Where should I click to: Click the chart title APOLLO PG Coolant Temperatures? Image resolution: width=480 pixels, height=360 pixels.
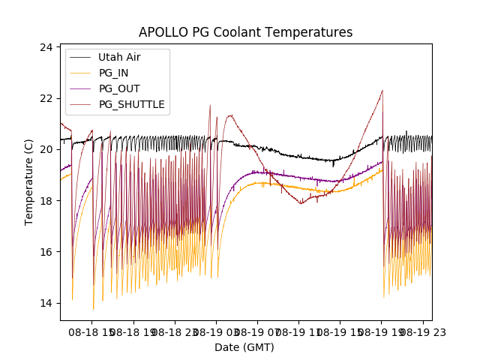pyautogui.click(x=245, y=32)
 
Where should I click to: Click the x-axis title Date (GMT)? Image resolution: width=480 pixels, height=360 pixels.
pyautogui.click(x=244, y=347)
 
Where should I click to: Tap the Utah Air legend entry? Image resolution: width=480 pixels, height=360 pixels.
pyautogui.click(x=119, y=57)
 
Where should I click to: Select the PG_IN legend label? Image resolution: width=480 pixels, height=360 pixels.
pyautogui.click(x=114, y=73)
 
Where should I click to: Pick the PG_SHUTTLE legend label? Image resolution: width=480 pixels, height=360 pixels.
pyautogui.click(x=131, y=104)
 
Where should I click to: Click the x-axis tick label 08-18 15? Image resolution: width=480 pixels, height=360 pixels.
pyautogui.click(x=90, y=331)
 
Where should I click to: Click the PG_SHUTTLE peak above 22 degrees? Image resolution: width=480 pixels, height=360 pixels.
pyautogui.click(x=382, y=91)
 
